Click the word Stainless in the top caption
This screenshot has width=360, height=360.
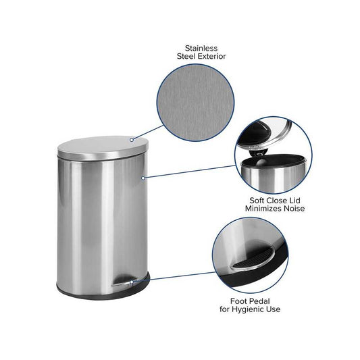(x=201, y=48)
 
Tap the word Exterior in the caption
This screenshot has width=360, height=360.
(x=211, y=56)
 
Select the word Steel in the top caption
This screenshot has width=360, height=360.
(x=186, y=56)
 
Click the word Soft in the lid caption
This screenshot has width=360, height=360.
(x=257, y=201)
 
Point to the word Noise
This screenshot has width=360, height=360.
(x=294, y=209)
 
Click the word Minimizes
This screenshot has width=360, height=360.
(x=263, y=209)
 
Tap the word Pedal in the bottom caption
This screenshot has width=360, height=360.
(x=259, y=301)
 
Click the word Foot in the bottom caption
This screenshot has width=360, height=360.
(x=239, y=301)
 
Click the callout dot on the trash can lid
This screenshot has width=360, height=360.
(x=132, y=140)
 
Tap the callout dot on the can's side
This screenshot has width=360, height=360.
(x=143, y=178)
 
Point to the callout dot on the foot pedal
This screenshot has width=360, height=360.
(x=131, y=282)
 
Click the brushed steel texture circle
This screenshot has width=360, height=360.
(x=195, y=103)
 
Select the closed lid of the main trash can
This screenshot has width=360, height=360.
(x=103, y=148)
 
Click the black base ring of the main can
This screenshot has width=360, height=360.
(x=103, y=294)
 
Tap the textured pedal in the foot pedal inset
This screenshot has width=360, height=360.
(x=252, y=259)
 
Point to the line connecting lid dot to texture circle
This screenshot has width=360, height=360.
(x=149, y=132)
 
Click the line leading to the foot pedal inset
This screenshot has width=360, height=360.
(x=174, y=277)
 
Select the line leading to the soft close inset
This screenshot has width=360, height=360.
(x=190, y=172)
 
